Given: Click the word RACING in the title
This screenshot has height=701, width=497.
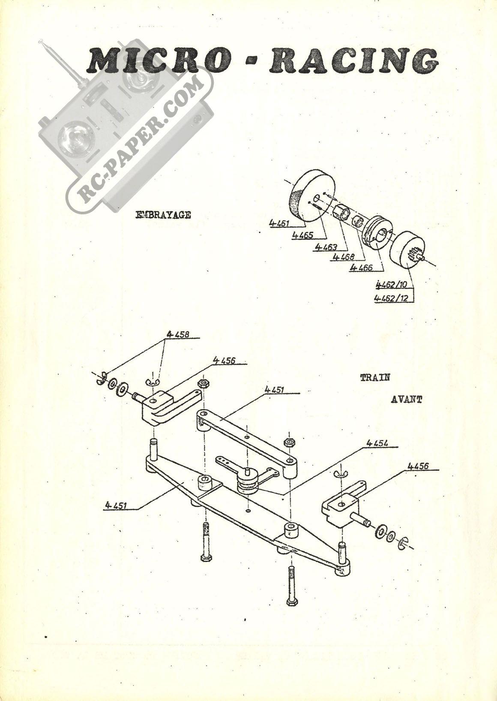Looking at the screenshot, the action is click(354, 61).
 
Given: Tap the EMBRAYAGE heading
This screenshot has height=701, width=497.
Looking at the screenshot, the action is click(163, 215).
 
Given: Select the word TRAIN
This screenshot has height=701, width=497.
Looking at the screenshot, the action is click(375, 377).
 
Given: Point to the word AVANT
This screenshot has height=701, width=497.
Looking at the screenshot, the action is click(407, 400).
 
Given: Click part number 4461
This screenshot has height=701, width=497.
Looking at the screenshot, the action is click(280, 223).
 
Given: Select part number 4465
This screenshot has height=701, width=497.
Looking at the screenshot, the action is click(302, 235).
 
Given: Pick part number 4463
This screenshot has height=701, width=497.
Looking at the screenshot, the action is click(326, 247).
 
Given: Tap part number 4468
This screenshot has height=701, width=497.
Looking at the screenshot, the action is click(344, 257).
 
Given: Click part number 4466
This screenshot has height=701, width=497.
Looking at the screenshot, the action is click(361, 268).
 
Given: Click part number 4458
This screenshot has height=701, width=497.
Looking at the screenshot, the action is click(178, 334).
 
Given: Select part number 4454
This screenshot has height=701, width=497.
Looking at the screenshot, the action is click(377, 443).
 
